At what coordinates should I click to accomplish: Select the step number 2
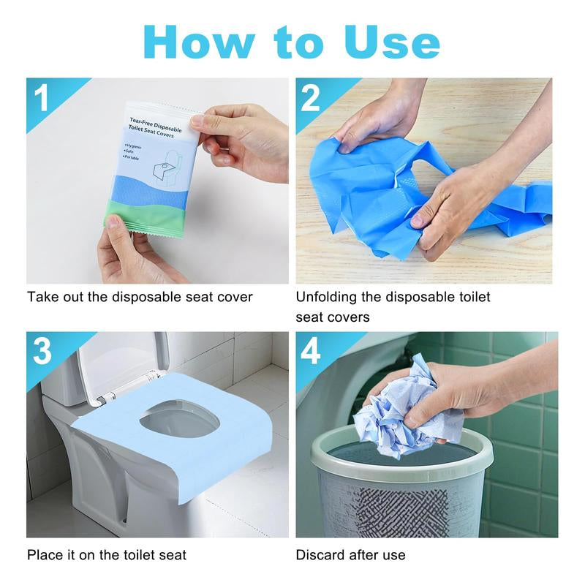click(x=312, y=97)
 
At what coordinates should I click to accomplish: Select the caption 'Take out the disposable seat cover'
click(x=140, y=297)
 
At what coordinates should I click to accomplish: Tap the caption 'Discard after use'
click(x=350, y=555)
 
